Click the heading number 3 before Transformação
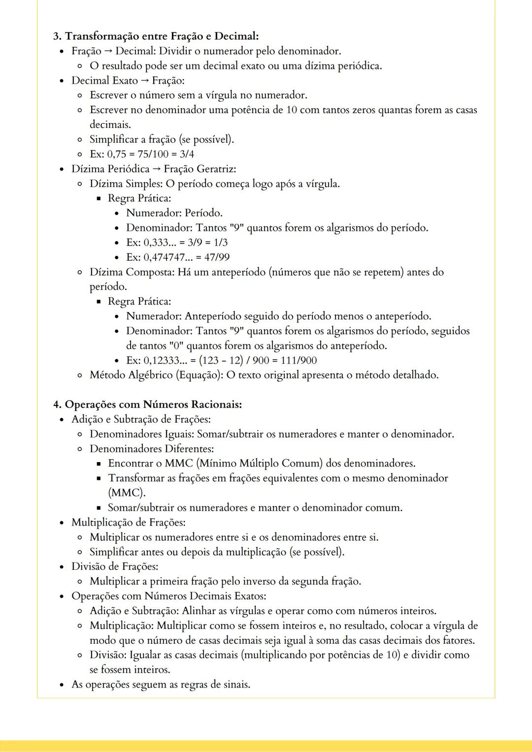(x=57, y=36)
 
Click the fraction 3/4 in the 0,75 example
(x=187, y=154)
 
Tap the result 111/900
(x=299, y=360)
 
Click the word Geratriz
(x=216, y=169)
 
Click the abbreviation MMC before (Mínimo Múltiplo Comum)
(x=179, y=463)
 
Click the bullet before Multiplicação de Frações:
(x=62, y=523)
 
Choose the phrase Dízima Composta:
(x=132, y=272)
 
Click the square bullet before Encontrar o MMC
(x=99, y=464)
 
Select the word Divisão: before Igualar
(x=109, y=655)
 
